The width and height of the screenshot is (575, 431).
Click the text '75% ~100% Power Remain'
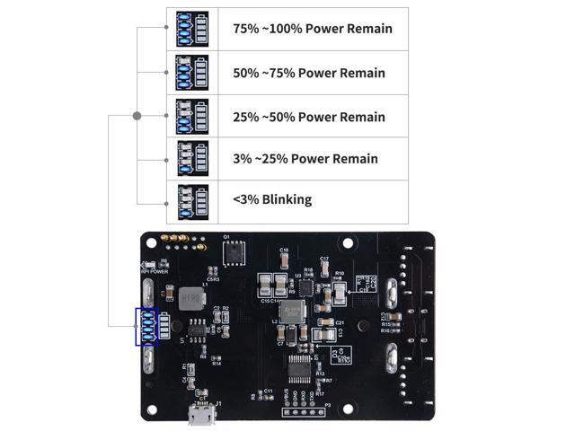312,29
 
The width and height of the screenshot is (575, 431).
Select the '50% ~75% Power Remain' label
308,73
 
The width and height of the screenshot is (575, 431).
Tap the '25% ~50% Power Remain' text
308,117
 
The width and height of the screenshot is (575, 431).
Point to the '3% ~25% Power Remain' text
305,159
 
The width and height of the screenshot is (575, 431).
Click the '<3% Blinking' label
272,199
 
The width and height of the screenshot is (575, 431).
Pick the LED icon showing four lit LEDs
193,29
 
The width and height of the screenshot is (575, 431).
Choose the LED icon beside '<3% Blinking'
193,200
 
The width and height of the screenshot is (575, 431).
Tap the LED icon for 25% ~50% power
193,117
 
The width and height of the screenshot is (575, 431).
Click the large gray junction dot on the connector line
137,115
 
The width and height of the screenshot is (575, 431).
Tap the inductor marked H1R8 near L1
190,300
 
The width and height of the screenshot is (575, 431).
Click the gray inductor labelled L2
290,312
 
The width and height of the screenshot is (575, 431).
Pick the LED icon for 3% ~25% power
193,159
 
